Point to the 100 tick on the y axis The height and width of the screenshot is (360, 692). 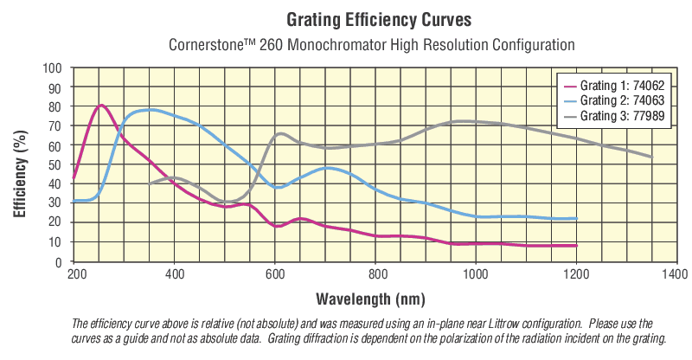pyautogui.click(x=53, y=68)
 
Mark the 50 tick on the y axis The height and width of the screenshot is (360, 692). pyautogui.click(x=55, y=164)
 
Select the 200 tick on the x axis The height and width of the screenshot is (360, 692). pyautogui.click(x=75, y=274)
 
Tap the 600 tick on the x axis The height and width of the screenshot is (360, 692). pyautogui.click(x=275, y=274)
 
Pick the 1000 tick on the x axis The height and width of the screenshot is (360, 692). pyautogui.click(x=475, y=274)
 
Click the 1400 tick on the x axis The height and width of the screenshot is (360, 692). pyautogui.click(x=675, y=274)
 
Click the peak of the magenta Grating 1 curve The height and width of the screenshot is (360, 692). pyautogui.click(x=101, y=106)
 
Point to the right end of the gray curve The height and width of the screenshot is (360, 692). pyautogui.click(x=651, y=157)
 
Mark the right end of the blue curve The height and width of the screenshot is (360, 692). pyautogui.click(x=576, y=219)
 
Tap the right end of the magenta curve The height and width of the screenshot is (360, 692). pyautogui.click(x=576, y=246)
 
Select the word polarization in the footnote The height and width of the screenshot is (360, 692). pyautogui.click(x=452, y=337)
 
